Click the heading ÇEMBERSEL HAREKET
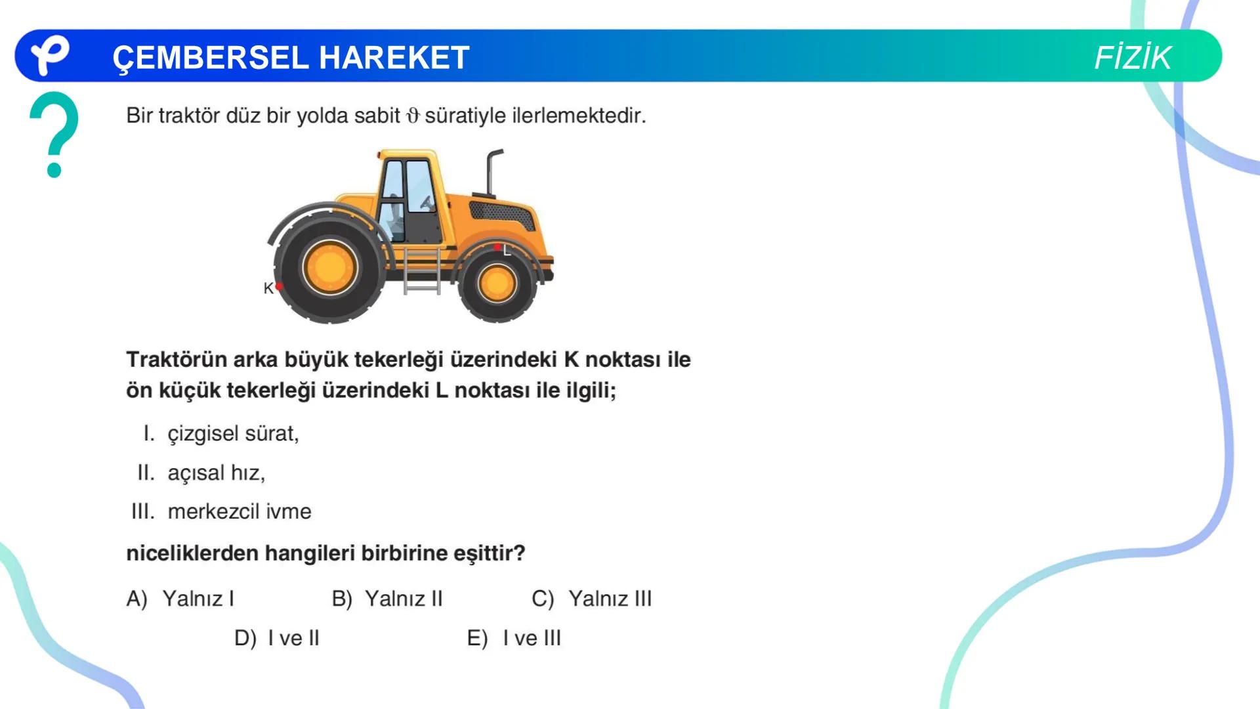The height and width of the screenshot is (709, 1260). pos(291,58)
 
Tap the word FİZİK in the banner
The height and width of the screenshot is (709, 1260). pos(1132,58)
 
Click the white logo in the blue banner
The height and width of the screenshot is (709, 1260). pos(50,55)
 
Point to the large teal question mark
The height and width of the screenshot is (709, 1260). pos(54,134)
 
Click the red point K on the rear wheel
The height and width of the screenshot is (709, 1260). pos(280,287)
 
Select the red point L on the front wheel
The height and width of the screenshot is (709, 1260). pos(497,247)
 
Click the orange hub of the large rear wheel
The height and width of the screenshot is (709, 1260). pos(329,268)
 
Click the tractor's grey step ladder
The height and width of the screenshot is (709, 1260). pos(421,271)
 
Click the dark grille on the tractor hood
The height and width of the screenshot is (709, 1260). pos(502,213)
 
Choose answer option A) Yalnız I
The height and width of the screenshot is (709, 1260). pos(180,599)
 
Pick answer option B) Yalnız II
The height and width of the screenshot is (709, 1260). pos(387,599)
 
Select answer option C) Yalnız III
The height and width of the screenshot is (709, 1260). pos(591,599)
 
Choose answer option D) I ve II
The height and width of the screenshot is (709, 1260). pos(276,638)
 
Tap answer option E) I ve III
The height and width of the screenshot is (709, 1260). pos(514,638)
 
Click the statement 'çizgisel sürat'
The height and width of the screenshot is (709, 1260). pos(233,434)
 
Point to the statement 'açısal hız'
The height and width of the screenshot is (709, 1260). pos(216,473)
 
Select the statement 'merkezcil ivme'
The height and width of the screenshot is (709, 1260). pos(240,511)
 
